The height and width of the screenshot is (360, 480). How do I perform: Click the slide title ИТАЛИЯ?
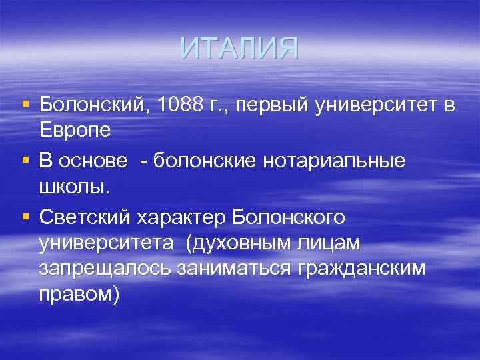(x=239, y=49)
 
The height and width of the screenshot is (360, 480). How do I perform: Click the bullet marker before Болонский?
(x=25, y=105)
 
